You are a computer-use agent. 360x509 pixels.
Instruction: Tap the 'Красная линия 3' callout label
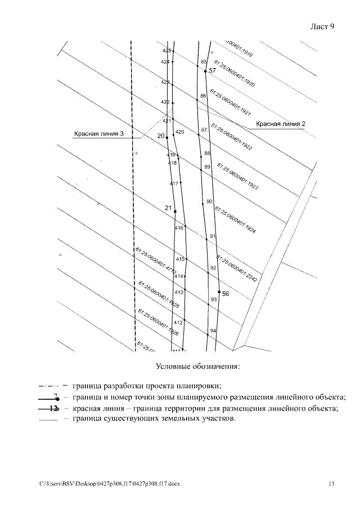(x=98, y=134)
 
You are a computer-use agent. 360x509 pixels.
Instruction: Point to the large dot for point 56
(x=219, y=292)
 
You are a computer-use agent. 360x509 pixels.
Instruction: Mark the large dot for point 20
(x=167, y=137)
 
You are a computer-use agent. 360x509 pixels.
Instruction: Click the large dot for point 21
(x=175, y=211)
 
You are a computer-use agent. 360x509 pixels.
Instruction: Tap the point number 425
(x=166, y=51)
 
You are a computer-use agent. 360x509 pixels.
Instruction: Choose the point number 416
(x=179, y=228)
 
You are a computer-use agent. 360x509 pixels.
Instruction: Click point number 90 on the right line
(x=209, y=201)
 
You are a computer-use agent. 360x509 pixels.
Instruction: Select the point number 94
(x=213, y=331)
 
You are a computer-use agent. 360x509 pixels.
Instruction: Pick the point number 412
(x=178, y=322)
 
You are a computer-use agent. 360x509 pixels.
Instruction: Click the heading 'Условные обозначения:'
(x=198, y=367)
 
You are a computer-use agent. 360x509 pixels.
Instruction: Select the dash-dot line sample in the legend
(x=49, y=386)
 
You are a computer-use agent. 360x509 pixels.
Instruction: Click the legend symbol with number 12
(x=52, y=408)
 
